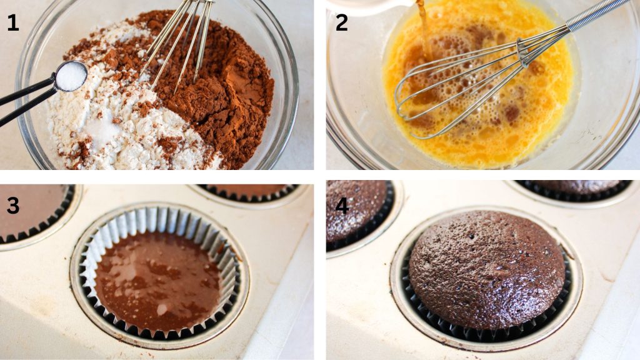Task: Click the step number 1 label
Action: pos(12,23)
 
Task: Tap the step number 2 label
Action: pos(342,23)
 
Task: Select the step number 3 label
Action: pos(12,205)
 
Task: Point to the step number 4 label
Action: pos(342,205)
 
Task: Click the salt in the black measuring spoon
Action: pos(71,76)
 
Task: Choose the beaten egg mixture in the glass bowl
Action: pos(477,86)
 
